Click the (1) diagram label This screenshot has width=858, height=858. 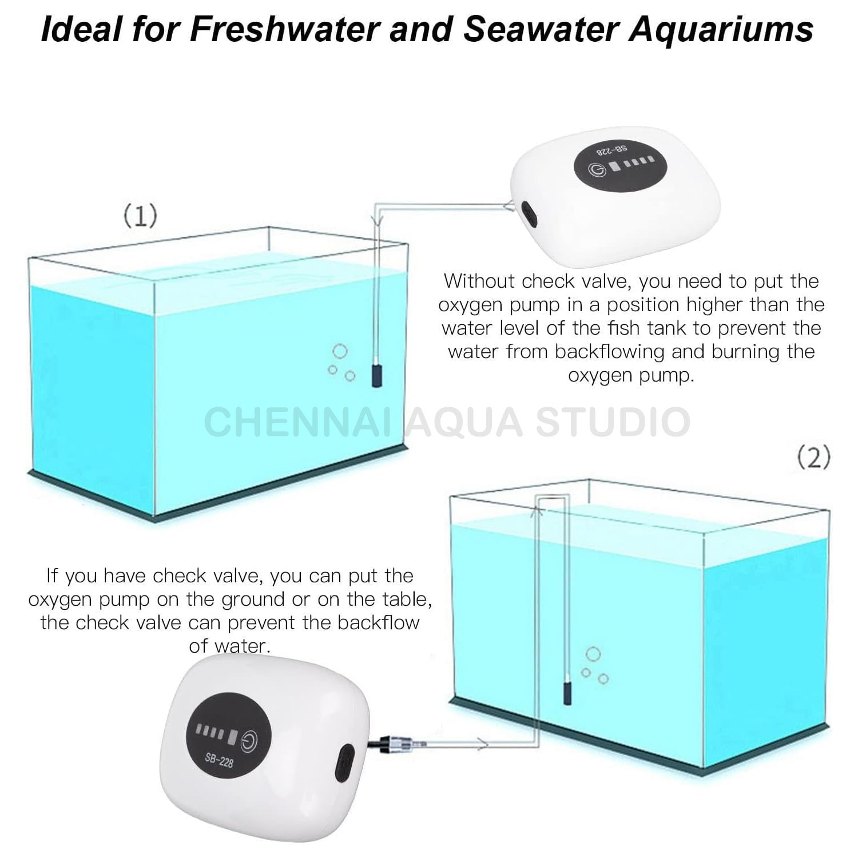point(140,216)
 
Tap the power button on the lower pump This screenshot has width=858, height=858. point(250,740)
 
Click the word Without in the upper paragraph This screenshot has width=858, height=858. point(480,281)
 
